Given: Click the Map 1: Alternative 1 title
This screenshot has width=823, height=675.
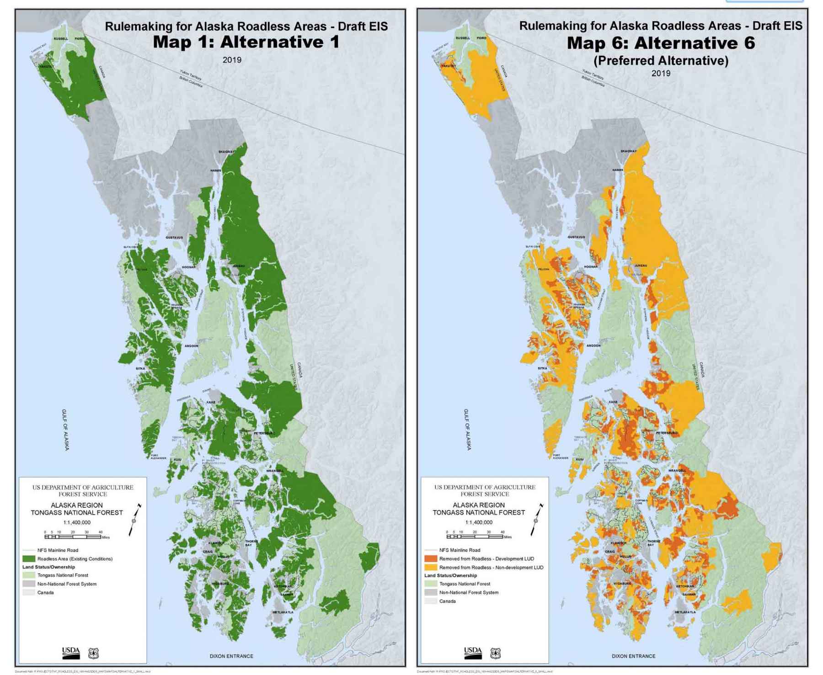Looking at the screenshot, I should click(x=246, y=42).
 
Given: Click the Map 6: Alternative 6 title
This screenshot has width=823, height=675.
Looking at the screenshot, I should click(x=661, y=43).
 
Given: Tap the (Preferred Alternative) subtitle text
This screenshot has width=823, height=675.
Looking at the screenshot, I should click(x=661, y=60).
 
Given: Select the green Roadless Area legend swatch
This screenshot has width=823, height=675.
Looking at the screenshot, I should click(x=29, y=558).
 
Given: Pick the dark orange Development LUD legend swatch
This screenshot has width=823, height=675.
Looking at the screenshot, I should click(x=431, y=558).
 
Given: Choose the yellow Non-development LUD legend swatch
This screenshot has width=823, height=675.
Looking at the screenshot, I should click(x=431, y=567).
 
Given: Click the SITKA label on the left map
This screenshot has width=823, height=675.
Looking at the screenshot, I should click(x=140, y=368).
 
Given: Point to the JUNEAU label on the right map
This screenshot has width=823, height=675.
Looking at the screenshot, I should click(x=641, y=266).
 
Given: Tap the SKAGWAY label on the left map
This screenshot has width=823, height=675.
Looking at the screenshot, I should click(x=226, y=152).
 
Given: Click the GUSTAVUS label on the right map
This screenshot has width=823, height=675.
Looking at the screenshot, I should click(x=576, y=237).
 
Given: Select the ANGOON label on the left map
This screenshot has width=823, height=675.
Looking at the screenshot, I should click(x=192, y=346).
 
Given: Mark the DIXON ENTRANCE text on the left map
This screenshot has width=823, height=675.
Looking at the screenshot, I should click(x=231, y=656).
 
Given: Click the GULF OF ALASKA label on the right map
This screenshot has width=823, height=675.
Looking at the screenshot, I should click(x=467, y=430).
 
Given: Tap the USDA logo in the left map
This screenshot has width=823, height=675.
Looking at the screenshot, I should click(x=71, y=653).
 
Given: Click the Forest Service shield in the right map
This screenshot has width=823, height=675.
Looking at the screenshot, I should click(x=495, y=653).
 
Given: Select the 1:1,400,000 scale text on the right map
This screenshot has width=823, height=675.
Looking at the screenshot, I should click(x=478, y=522).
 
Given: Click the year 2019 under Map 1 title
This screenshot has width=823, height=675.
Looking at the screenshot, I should click(x=232, y=60).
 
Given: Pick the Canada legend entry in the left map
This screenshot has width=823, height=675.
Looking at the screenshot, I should click(x=45, y=592).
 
